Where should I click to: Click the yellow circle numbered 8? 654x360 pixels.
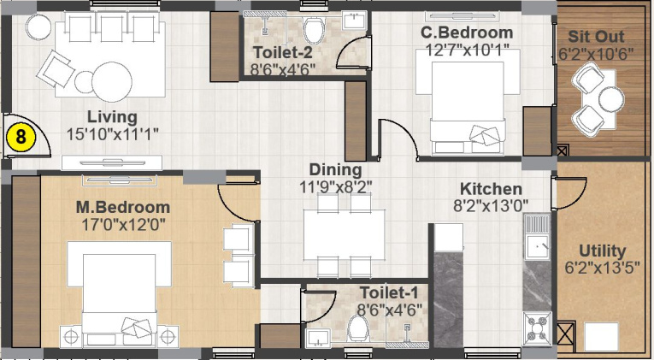tap(20, 138)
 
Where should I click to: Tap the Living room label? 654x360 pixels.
tap(112, 117)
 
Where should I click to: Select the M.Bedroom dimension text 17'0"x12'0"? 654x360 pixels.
tap(123, 225)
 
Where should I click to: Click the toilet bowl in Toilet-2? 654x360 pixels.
tap(314, 30)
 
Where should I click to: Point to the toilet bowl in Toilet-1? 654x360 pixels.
tap(358, 328)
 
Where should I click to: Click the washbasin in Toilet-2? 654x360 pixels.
tap(354, 21)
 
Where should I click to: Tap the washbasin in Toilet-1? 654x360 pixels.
tap(318, 338)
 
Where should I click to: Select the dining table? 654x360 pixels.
tap(345, 234)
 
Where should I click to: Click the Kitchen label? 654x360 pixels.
tap(491, 189)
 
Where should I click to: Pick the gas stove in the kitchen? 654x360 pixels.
tap(537, 326)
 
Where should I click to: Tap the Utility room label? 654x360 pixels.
tap(603, 251)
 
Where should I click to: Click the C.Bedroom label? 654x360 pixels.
tap(466, 32)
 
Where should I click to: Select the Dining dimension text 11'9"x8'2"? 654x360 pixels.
tap(335, 187)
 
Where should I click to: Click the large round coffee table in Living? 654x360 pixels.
tap(112, 82)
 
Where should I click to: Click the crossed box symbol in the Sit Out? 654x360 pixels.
tap(562, 150)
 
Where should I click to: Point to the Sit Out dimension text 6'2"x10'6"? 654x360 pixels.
tap(596, 54)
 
